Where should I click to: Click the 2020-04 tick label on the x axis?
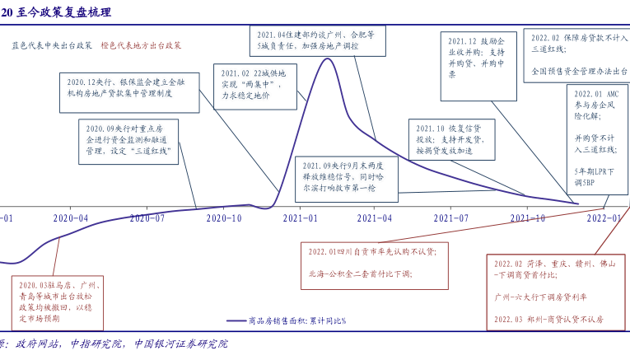[x=71, y=218]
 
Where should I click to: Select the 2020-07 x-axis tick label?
[x=147, y=218]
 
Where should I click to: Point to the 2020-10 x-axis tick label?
[x=224, y=218]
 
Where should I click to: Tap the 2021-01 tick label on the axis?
[x=301, y=218]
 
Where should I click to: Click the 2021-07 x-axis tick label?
[x=451, y=218]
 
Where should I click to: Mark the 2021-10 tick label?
[x=528, y=218]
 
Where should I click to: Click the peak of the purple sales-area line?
[x=327, y=58]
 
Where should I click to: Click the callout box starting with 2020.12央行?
[x=128, y=92]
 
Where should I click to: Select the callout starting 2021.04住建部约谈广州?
[x=317, y=40]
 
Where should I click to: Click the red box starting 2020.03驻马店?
[x=52, y=301]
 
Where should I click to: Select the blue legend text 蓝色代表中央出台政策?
[x=52, y=46]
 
